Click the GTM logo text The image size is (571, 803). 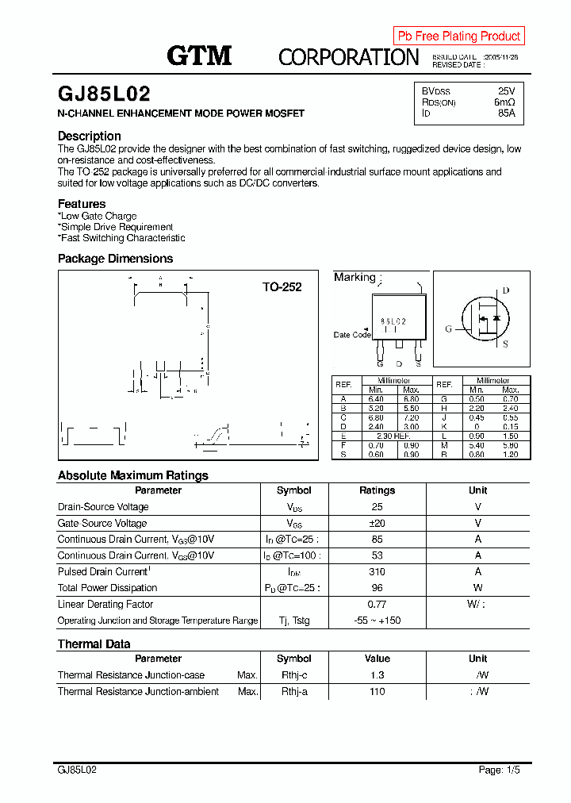pos(198,56)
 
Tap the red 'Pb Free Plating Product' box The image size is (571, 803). pos(458,36)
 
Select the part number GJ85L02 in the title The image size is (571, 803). pos(104,94)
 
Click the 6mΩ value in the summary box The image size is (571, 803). pos(504,102)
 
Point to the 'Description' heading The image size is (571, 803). pos(90,136)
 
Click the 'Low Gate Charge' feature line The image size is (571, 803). pos(98,216)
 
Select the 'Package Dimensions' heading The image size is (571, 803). pos(115,259)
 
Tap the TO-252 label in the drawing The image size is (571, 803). pos(282,287)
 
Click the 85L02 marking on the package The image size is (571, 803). pos(393,321)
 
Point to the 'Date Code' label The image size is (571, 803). pos(352,335)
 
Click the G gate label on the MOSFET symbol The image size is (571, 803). pos(448,328)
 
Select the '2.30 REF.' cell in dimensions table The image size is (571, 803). pos(393,436)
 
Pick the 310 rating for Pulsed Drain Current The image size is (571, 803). pos(377,571)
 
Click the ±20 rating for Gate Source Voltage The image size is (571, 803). pos(377,523)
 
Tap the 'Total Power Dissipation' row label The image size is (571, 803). pos(107,588)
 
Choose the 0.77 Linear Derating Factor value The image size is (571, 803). pos(377,604)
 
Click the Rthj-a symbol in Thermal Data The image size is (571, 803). pos(294,692)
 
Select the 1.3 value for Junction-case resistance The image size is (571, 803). pos(377,675)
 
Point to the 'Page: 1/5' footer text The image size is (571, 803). pos(500,770)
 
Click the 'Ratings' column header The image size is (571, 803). pos(377,490)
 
